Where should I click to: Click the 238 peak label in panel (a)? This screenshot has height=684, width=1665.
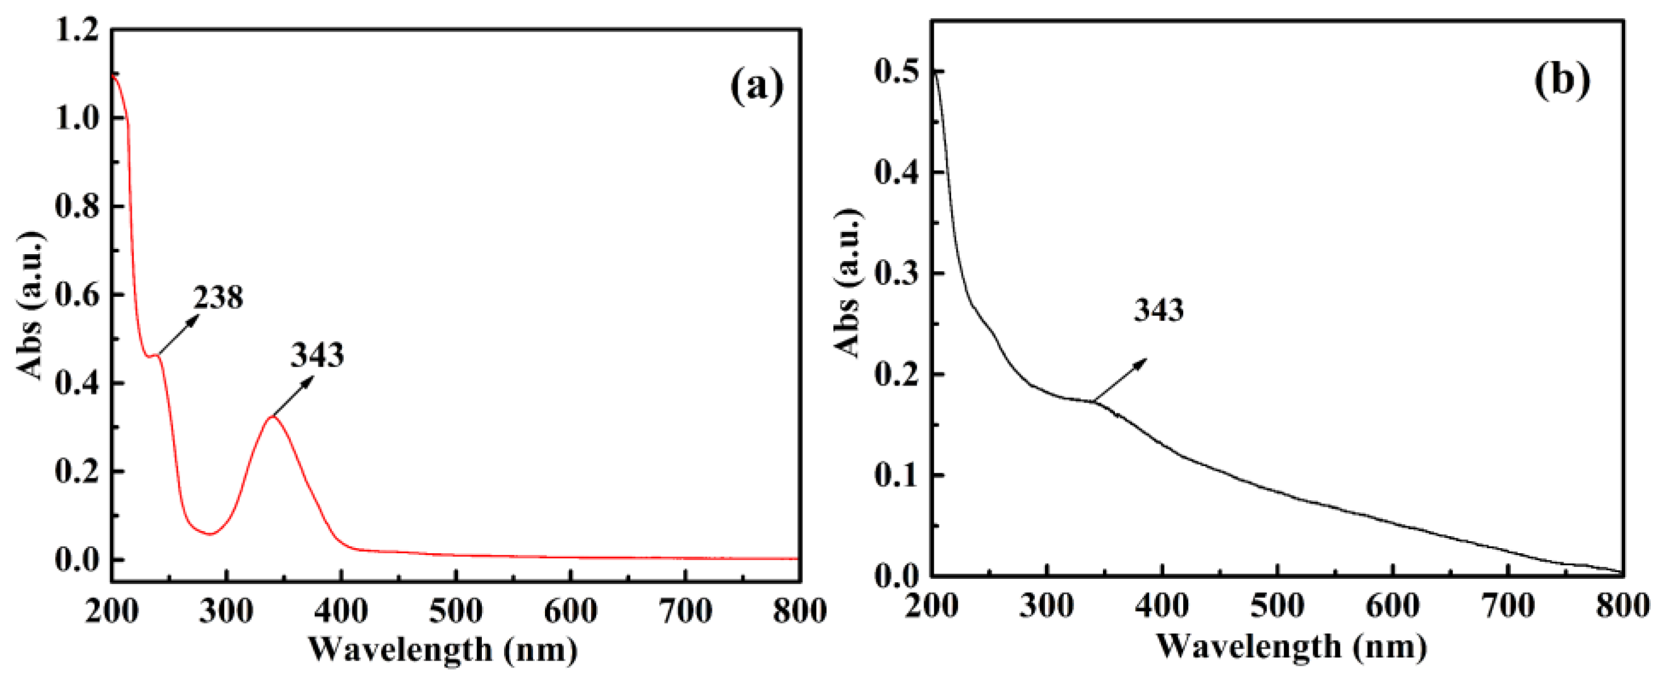(x=218, y=298)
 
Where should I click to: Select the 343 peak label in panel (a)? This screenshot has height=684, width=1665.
(x=317, y=355)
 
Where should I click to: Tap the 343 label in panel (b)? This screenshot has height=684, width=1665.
(x=1158, y=310)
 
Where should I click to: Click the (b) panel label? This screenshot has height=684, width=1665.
(x=1562, y=81)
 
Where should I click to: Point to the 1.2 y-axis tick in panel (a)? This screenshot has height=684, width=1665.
(x=76, y=30)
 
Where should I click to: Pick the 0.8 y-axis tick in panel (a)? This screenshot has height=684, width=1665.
(x=76, y=206)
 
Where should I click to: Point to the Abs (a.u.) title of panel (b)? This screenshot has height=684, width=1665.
(x=848, y=283)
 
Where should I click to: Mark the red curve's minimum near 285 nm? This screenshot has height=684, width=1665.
(x=210, y=534)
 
